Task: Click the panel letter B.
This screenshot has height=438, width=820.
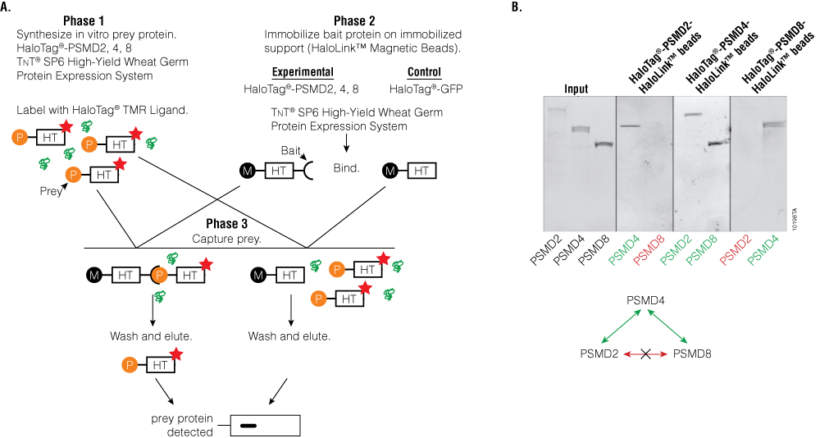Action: [516, 7]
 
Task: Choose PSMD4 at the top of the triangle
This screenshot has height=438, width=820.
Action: [646, 302]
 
